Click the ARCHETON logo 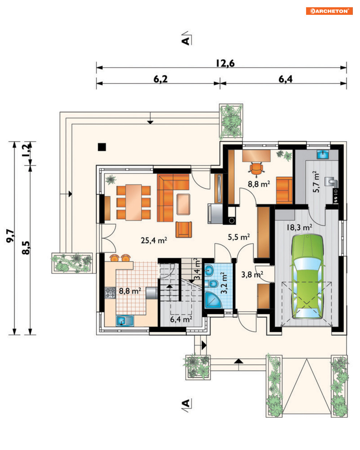pyautogui.click(x=329, y=11)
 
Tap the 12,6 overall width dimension pyautogui.click(x=225, y=63)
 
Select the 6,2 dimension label pyautogui.click(x=160, y=79)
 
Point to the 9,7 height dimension pyautogui.click(x=10, y=236)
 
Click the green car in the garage pyautogui.click(x=307, y=277)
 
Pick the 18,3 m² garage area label pyautogui.click(x=299, y=227)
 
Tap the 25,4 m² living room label pyautogui.click(x=154, y=240)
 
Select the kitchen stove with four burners pyautogui.click(x=110, y=293)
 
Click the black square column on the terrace pyautogui.click(x=102, y=147)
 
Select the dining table pyautogui.click(x=134, y=202)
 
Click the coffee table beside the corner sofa pyautogui.click(x=183, y=204)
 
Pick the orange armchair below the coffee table pyautogui.click(x=184, y=229)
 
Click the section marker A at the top pyautogui.click(x=186, y=41)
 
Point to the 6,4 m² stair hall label pyautogui.click(x=181, y=319)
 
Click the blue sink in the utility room pyautogui.click(x=322, y=154)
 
